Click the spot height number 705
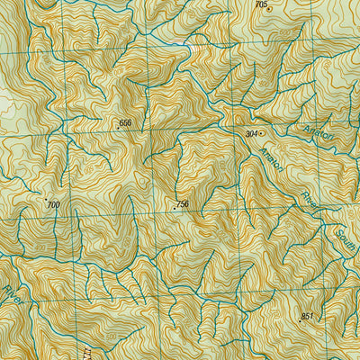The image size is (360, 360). (x=261, y=5)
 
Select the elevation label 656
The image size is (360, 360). (x=125, y=122)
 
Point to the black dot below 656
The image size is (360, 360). (x=118, y=129)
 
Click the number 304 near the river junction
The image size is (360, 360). (x=252, y=133)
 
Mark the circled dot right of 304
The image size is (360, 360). (x=264, y=133)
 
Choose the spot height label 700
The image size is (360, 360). (x=53, y=205)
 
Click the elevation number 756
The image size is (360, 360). (x=183, y=205)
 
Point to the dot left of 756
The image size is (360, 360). (x=174, y=208)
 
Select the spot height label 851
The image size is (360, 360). (x=307, y=316)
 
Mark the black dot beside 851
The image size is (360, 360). (x=300, y=320)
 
